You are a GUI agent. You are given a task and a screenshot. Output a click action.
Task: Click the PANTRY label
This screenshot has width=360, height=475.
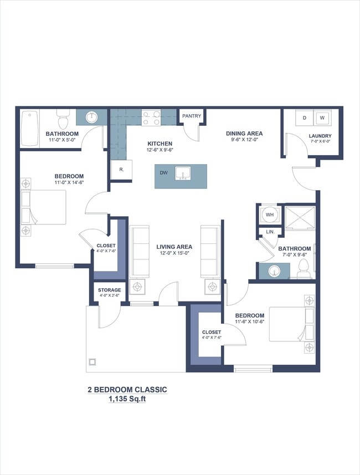pyautogui.click(x=192, y=116)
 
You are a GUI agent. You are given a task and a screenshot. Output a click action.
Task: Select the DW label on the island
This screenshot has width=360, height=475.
pyautogui.click(x=164, y=173)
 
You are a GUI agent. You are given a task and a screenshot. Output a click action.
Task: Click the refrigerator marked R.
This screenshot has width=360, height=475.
pyautogui.click(x=121, y=170)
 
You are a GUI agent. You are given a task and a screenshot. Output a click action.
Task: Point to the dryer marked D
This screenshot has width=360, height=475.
pyautogui.click(x=304, y=118)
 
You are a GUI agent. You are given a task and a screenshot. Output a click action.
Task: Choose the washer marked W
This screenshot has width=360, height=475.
pyautogui.click(x=322, y=118)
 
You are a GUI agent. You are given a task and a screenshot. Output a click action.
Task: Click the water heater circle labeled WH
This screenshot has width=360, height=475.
pyautogui.click(x=270, y=214)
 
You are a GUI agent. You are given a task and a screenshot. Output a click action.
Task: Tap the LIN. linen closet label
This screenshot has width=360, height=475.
pyautogui.click(x=270, y=232)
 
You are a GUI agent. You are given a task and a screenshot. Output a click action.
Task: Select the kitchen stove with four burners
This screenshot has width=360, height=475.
pyautogui.click(x=151, y=118)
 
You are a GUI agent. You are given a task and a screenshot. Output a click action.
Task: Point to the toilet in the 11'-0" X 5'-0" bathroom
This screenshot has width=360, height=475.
pyautogui.click(x=62, y=118)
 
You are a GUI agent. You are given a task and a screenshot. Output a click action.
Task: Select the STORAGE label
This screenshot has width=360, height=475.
pyautogui.click(x=109, y=290)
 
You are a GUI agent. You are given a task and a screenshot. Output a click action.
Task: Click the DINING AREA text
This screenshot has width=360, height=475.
pyautogui.click(x=244, y=134)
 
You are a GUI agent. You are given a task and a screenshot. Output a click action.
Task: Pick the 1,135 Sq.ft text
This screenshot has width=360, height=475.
pyautogui.click(x=127, y=399)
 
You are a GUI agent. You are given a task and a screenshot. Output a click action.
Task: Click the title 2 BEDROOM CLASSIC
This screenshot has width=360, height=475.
pyautogui.click(x=127, y=389)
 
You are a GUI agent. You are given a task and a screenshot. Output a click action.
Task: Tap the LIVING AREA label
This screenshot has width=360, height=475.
pyautogui.click(x=174, y=247)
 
